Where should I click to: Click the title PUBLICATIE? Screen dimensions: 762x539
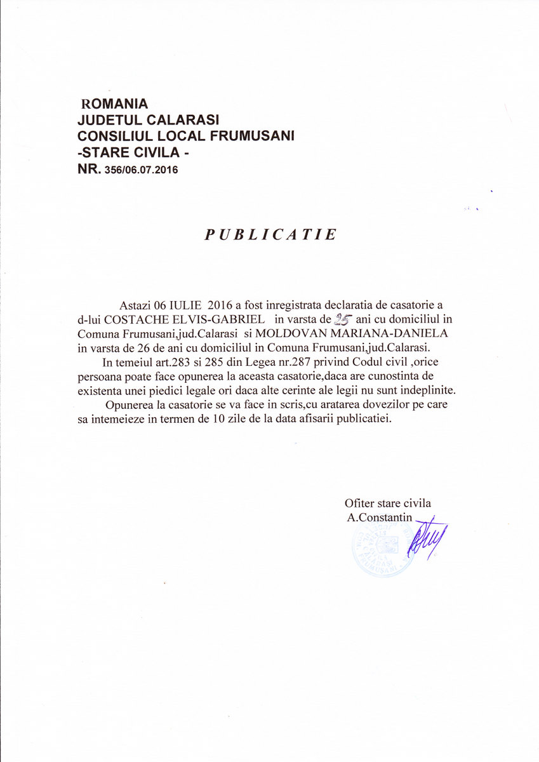pyautogui.click(x=270, y=235)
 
